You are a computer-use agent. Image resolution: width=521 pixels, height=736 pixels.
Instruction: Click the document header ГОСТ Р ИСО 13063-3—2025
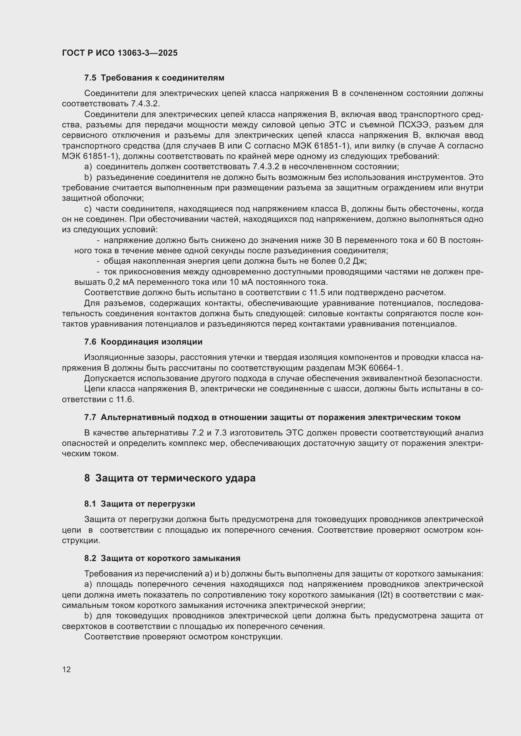pyautogui.click(x=120, y=53)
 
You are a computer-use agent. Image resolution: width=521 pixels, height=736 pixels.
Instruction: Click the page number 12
pyautogui.click(x=66, y=669)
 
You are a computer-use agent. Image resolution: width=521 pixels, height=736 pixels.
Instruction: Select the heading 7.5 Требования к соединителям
pyautogui.click(x=154, y=78)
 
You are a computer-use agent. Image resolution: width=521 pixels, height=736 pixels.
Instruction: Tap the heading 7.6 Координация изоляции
pyautogui.click(x=143, y=342)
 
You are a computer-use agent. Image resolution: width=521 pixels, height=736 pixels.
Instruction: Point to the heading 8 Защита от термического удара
pyautogui.click(x=170, y=478)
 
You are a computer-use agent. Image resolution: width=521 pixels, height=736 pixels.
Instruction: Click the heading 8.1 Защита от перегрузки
pyautogui.click(x=140, y=504)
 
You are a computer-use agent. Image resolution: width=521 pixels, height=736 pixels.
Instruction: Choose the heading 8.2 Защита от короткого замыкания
pyautogui.click(x=162, y=558)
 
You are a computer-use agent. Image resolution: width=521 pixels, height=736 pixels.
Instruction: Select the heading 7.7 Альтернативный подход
pyautogui.click(x=272, y=417)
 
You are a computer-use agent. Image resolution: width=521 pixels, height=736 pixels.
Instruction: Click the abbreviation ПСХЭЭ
pyautogui.click(x=414, y=125)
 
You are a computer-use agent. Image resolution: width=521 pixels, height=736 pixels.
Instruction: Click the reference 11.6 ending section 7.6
pyautogui.click(x=126, y=399)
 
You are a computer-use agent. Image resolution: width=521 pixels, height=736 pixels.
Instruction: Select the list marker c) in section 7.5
pyautogui.click(x=88, y=209)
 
